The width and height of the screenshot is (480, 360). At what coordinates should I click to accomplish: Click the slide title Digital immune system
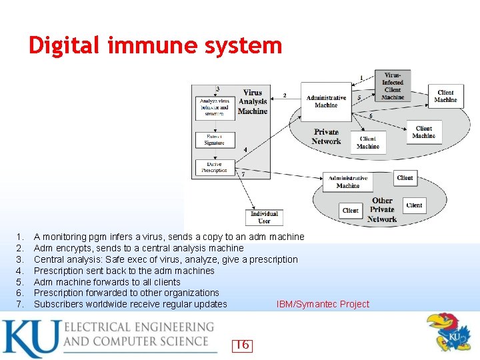click(155, 45)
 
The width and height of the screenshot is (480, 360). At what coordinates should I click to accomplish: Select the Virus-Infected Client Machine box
click(393, 86)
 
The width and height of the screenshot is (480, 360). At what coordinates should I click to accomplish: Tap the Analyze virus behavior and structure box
click(215, 107)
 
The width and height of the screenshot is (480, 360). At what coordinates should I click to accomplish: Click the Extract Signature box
click(215, 139)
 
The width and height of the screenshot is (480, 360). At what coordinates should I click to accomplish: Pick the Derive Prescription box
click(215, 167)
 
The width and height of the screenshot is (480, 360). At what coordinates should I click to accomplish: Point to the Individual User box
click(265, 217)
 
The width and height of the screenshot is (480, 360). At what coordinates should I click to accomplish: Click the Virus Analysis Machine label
click(253, 102)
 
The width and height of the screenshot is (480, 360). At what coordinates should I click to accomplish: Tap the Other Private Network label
click(382, 209)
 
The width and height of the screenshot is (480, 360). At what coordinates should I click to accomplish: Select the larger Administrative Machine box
click(326, 101)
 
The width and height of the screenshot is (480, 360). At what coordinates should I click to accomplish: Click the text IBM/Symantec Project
click(323, 304)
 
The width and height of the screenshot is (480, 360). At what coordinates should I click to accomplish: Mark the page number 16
click(243, 345)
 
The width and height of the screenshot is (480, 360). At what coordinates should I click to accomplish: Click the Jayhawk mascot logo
click(448, 332)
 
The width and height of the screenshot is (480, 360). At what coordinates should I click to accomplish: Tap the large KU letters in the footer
click(30, 339)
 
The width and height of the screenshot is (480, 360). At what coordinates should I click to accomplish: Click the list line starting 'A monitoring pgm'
click(169, 237)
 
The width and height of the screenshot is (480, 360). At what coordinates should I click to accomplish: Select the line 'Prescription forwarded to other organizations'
click(126, 293)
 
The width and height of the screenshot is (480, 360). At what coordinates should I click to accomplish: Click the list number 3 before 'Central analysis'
click(21, 259)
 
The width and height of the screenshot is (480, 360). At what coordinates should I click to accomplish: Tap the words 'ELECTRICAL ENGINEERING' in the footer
click(139, 327)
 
